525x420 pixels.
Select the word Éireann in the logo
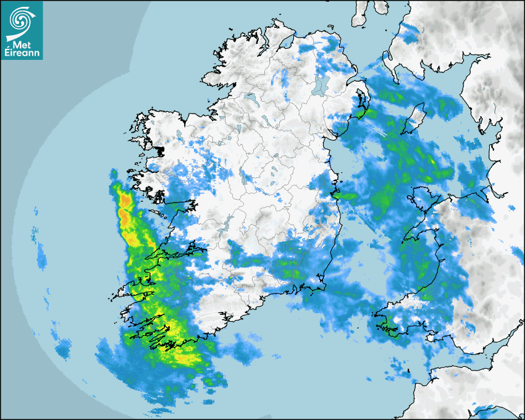[x=22, y=52]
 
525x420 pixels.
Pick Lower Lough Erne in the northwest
[x=250, y=98]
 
